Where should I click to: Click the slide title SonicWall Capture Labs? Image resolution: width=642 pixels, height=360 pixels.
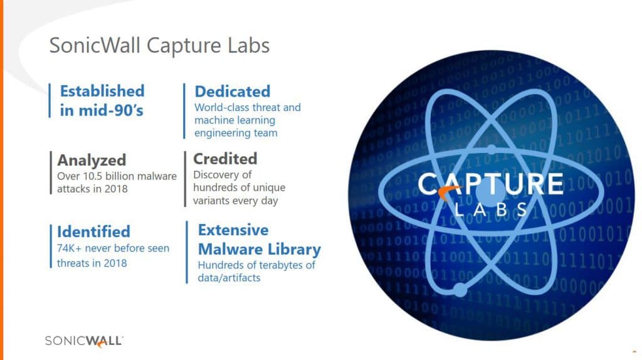[x=159, y=45]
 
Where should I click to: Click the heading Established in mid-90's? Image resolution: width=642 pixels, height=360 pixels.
[x=102, y=100]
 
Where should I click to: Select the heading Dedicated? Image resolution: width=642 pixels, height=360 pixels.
[x=232, y=92]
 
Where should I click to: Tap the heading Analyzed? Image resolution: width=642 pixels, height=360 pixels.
[x=92, y=160]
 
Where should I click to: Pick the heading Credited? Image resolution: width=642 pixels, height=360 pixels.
[x=225, y=159]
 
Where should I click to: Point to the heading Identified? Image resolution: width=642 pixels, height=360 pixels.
[x=93, y=232]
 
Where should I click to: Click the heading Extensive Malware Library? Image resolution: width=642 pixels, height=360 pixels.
[x=259, y=240]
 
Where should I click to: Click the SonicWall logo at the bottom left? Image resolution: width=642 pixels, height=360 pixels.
[x=84, y=341]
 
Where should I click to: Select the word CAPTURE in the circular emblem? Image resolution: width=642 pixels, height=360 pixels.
[x=490, y=184]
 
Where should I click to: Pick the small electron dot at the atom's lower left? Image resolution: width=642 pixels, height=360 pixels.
[x=460, y=289]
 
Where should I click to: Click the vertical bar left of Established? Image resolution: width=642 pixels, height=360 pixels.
[x=50, y=100]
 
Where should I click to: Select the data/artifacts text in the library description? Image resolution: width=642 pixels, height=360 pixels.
[x=229, y=278]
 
